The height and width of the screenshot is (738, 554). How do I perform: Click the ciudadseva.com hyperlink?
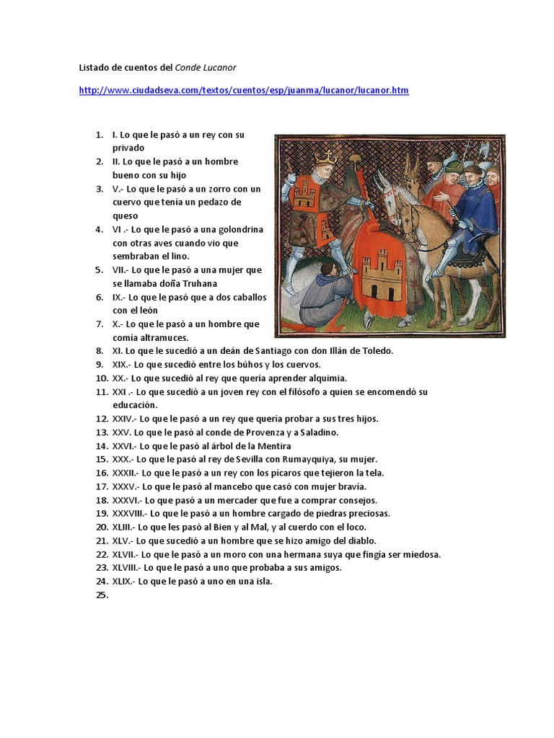click(x=243, y=91)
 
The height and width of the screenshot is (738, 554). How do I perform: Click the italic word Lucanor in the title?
click(x=219, y=67)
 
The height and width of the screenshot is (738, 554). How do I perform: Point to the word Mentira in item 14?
click(x=273, y=446)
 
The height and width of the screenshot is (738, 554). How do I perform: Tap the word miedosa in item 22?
click(x=421, y=554)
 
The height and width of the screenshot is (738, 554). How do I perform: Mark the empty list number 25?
click(x=101, y=595)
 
